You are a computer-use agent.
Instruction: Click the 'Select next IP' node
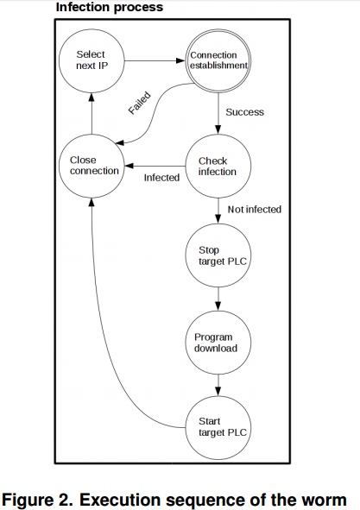pos(92,60)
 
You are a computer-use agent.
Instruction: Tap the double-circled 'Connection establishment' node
pos(218,60)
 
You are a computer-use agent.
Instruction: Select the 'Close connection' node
pos(92,166)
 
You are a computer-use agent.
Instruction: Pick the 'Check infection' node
pos(218,166)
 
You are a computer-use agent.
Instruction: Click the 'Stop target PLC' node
pos(218,255)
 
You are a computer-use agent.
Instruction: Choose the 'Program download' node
pos(218,343)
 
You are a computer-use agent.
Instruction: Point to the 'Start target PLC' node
pos(218,428)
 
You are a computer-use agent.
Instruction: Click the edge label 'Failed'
pos(140,103)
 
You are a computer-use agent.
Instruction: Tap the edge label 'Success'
pos(245,112)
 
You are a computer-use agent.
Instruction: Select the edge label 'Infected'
pos(161,178)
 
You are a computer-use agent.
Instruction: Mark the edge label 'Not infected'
pos(255,209)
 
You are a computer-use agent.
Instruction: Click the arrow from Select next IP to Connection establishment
pos(155,60)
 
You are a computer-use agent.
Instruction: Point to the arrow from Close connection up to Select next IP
pos(92,114)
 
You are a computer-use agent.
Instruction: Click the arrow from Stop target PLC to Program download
pos(218,299)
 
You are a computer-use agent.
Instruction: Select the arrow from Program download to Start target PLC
pos(218,385)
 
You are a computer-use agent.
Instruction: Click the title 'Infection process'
pos(110,7)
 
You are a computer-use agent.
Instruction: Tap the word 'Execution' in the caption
pos(120,500)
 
